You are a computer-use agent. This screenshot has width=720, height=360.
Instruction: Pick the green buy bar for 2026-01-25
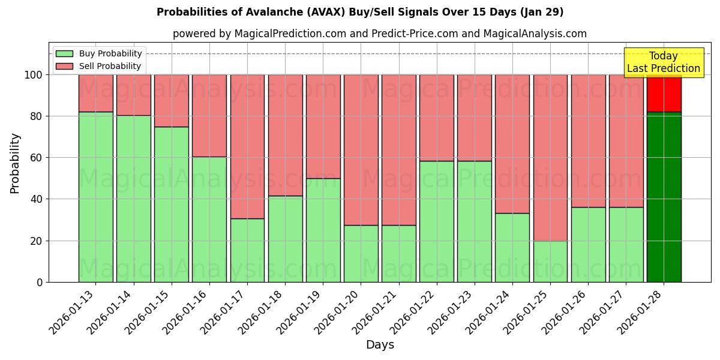click(550, 261)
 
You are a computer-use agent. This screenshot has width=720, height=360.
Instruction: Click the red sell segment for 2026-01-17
click(247, 146)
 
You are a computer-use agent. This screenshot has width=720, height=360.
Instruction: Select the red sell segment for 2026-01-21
click(398, 150)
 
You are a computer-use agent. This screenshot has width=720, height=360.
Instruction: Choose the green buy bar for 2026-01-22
click(437, 221)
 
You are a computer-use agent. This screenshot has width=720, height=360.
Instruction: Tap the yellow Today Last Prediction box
click(663, 62)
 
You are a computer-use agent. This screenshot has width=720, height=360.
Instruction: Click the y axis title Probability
click(15, 163)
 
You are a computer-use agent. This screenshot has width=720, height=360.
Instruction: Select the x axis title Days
click(380, 345)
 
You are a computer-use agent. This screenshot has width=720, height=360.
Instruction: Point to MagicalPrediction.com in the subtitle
click(290, 34)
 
